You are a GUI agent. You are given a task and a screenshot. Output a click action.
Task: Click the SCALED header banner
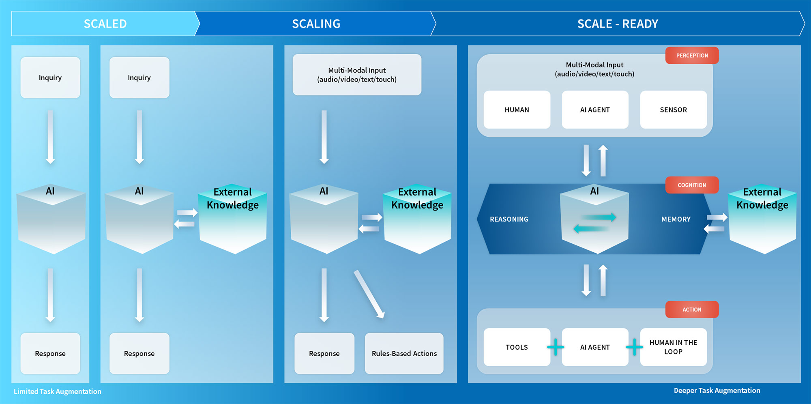[105, 24]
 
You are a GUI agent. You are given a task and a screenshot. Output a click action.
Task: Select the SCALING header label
[316, 24]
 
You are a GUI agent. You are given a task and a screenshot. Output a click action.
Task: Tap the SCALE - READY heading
[617, 24]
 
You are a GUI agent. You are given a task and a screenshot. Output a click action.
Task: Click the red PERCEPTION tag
[692, 56]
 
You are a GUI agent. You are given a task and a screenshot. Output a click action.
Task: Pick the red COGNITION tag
[692, 185]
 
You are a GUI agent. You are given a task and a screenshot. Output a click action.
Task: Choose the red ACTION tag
[692, 309]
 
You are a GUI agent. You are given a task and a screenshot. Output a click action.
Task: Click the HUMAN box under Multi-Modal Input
[517, 110]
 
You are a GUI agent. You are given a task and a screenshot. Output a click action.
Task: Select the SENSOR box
[673, 110]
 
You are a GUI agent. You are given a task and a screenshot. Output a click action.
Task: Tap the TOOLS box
[517, 347]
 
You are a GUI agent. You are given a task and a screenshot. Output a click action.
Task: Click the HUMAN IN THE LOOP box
[673, 347]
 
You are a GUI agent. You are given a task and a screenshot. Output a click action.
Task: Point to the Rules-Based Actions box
[404, 353]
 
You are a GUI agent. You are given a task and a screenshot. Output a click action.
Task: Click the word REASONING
[509, 219]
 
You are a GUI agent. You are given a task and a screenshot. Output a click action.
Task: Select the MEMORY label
[676, 219]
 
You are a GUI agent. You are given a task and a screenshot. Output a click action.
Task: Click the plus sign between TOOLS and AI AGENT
[556, 347]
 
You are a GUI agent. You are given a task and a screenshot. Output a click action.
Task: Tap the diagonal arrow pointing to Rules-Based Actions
[369, 294]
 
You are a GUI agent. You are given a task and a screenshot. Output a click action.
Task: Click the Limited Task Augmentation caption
[57, 391]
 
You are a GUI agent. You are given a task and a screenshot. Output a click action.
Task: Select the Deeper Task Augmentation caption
[717, 391]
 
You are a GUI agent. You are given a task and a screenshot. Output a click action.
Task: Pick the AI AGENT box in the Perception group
[595, 110]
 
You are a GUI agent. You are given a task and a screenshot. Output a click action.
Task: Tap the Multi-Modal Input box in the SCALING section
[357, 75]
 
